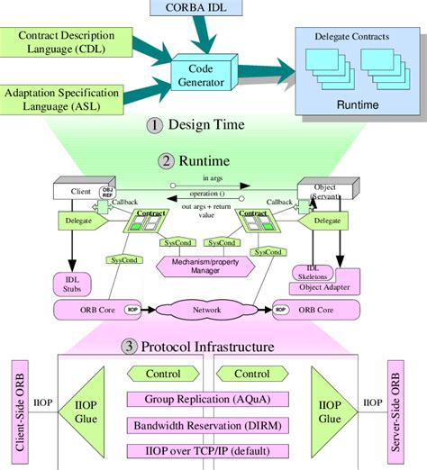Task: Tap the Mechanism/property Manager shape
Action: click(202, 265)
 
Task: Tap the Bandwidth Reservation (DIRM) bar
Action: click(208, 425)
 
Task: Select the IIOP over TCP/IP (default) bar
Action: click(208, 449)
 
